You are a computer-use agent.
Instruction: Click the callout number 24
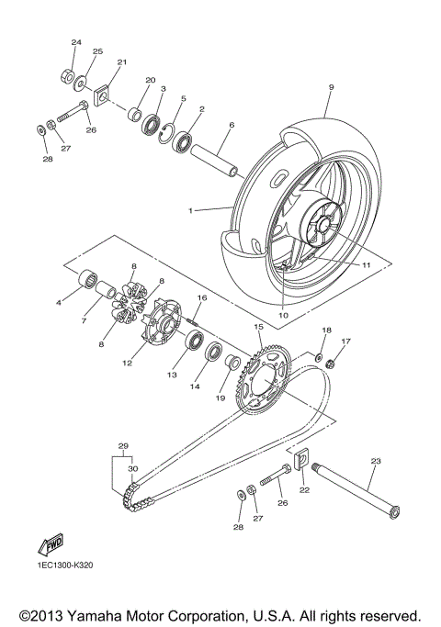tap(76, 43)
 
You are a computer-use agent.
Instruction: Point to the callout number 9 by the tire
tap(331, 88)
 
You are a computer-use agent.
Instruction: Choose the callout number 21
tap(119, 62)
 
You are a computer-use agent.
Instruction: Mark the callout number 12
tap(127, 364)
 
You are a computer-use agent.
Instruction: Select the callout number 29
tap(123, 446)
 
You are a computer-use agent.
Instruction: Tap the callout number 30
tap(132, 469)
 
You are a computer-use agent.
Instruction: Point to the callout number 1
tap(191, 210)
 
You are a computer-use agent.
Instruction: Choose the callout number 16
tap(202, 298)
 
